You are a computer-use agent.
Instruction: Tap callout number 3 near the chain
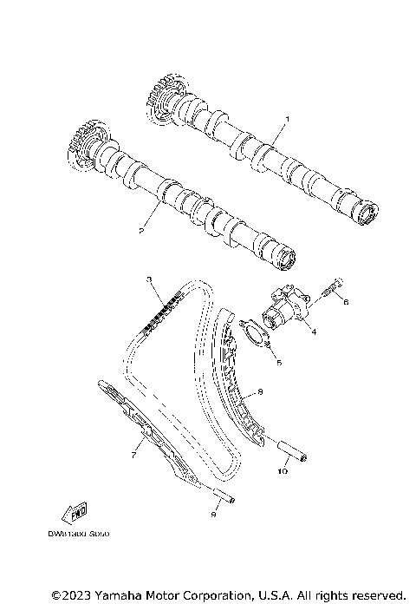(x=149, y=279)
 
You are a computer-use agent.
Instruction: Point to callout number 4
(x=313, y=331)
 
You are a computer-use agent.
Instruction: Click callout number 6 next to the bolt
(x=345, y=303)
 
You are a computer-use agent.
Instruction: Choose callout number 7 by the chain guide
(x=134, y=453)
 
